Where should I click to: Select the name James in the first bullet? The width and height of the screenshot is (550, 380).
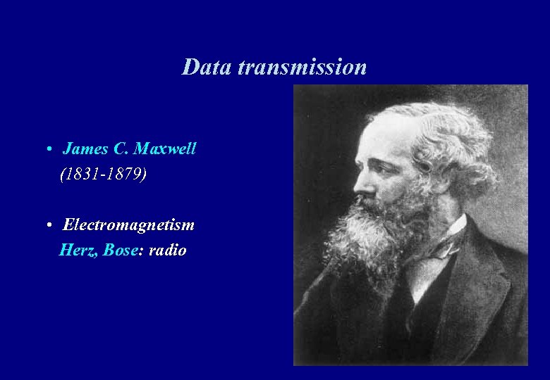point(85,148)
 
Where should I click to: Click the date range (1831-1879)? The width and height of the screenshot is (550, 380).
point(104,173)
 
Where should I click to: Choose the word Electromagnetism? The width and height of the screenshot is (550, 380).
point(128,225)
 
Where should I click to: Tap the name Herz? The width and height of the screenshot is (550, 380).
point(79,250)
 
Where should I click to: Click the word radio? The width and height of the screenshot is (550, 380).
point(168,250)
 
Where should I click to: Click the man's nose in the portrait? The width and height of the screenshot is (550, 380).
point(360,184)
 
